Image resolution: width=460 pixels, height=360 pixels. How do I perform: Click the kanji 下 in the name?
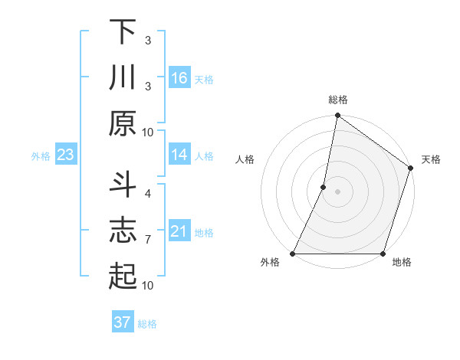click(x=122, y=33)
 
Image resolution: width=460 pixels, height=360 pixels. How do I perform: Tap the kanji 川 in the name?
click(x=122, y=78)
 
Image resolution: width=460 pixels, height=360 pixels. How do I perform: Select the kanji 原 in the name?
click(x=122, y=123)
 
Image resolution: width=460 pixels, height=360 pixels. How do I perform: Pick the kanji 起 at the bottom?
click(x=122, y=276)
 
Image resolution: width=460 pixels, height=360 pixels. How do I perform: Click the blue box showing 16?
click(x=179, y=78)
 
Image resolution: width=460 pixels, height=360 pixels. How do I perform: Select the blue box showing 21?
click(x=179, y=231)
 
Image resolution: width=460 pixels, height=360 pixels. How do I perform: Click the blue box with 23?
click(x=66, y=155)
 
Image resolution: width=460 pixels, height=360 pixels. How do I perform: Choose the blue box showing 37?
click(x=123, y=322)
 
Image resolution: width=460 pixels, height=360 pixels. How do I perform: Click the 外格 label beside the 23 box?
click(x=41, y=156)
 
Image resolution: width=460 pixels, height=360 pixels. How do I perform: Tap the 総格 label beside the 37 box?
click(x=147, y=323)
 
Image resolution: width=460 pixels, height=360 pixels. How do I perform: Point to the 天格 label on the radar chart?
click(x=431, y=159)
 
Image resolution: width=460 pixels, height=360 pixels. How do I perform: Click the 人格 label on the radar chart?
click(x=245, y=159)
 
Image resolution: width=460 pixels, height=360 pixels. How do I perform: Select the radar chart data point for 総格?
click(x=337, y=116)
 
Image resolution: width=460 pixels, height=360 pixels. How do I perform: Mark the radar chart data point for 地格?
click(x=383, y=254)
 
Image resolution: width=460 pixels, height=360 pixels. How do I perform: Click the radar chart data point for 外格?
click(x=293, y=254)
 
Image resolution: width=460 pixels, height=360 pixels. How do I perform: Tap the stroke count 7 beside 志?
click(x=147, y=240)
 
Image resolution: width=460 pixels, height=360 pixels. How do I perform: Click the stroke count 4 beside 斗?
click(x=147, y=193)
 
